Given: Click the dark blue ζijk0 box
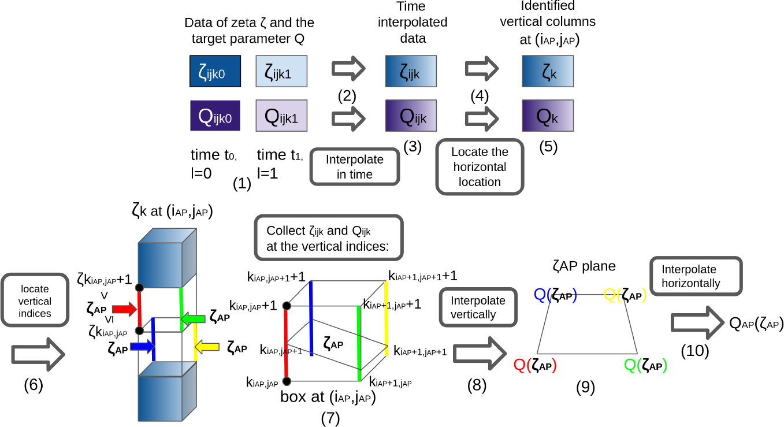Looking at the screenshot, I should [x=215, y=71].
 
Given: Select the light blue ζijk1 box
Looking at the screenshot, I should [x=281, y=71].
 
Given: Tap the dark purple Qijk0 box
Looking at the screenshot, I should [x=215, y=116].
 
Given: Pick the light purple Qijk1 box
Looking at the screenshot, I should [x=281, y=116].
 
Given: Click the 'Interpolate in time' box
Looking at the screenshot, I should [x=355, y=167].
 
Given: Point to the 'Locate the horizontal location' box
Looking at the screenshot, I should [x=479, y=167].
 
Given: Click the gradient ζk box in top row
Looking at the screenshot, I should [x=547, y=71].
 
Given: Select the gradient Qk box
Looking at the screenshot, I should [x=547, y=116].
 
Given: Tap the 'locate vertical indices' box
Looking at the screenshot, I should [x=35, y=301].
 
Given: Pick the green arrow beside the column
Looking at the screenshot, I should [x=193, y=318].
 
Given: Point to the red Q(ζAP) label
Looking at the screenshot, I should [x=535, y=365].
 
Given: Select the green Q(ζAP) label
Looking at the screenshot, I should [x=645, y=365].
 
